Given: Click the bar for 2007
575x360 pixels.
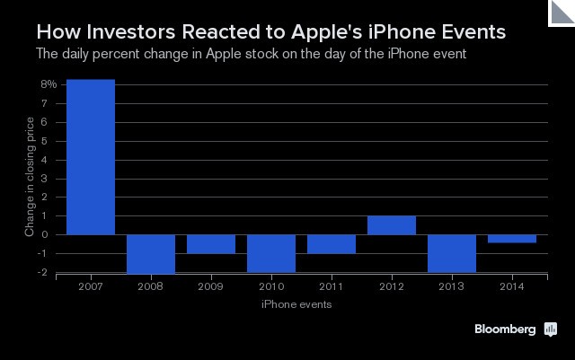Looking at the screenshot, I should point(90,157).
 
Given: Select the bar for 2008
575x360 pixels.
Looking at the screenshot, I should point(151,254).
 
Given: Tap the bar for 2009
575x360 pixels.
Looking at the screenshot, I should point(211,244).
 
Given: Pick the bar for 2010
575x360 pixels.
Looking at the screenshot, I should point(271,253).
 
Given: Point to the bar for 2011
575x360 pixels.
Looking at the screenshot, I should point(332,244).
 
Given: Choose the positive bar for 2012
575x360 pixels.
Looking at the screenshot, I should point(392,225).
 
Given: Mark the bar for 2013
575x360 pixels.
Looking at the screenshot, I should point(452,253).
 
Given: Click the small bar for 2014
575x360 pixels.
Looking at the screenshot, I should point(512,239).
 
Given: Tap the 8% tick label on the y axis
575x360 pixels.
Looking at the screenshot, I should point(49,84).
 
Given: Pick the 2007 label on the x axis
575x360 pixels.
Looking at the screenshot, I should point(90,287).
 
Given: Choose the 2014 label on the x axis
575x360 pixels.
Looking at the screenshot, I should point(512,287).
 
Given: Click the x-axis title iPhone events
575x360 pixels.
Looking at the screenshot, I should point(296,305).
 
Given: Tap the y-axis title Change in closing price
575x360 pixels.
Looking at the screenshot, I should point(30,176).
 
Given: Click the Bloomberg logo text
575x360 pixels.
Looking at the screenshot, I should point(506,329).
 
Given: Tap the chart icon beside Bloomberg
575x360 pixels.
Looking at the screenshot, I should point(551,329).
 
